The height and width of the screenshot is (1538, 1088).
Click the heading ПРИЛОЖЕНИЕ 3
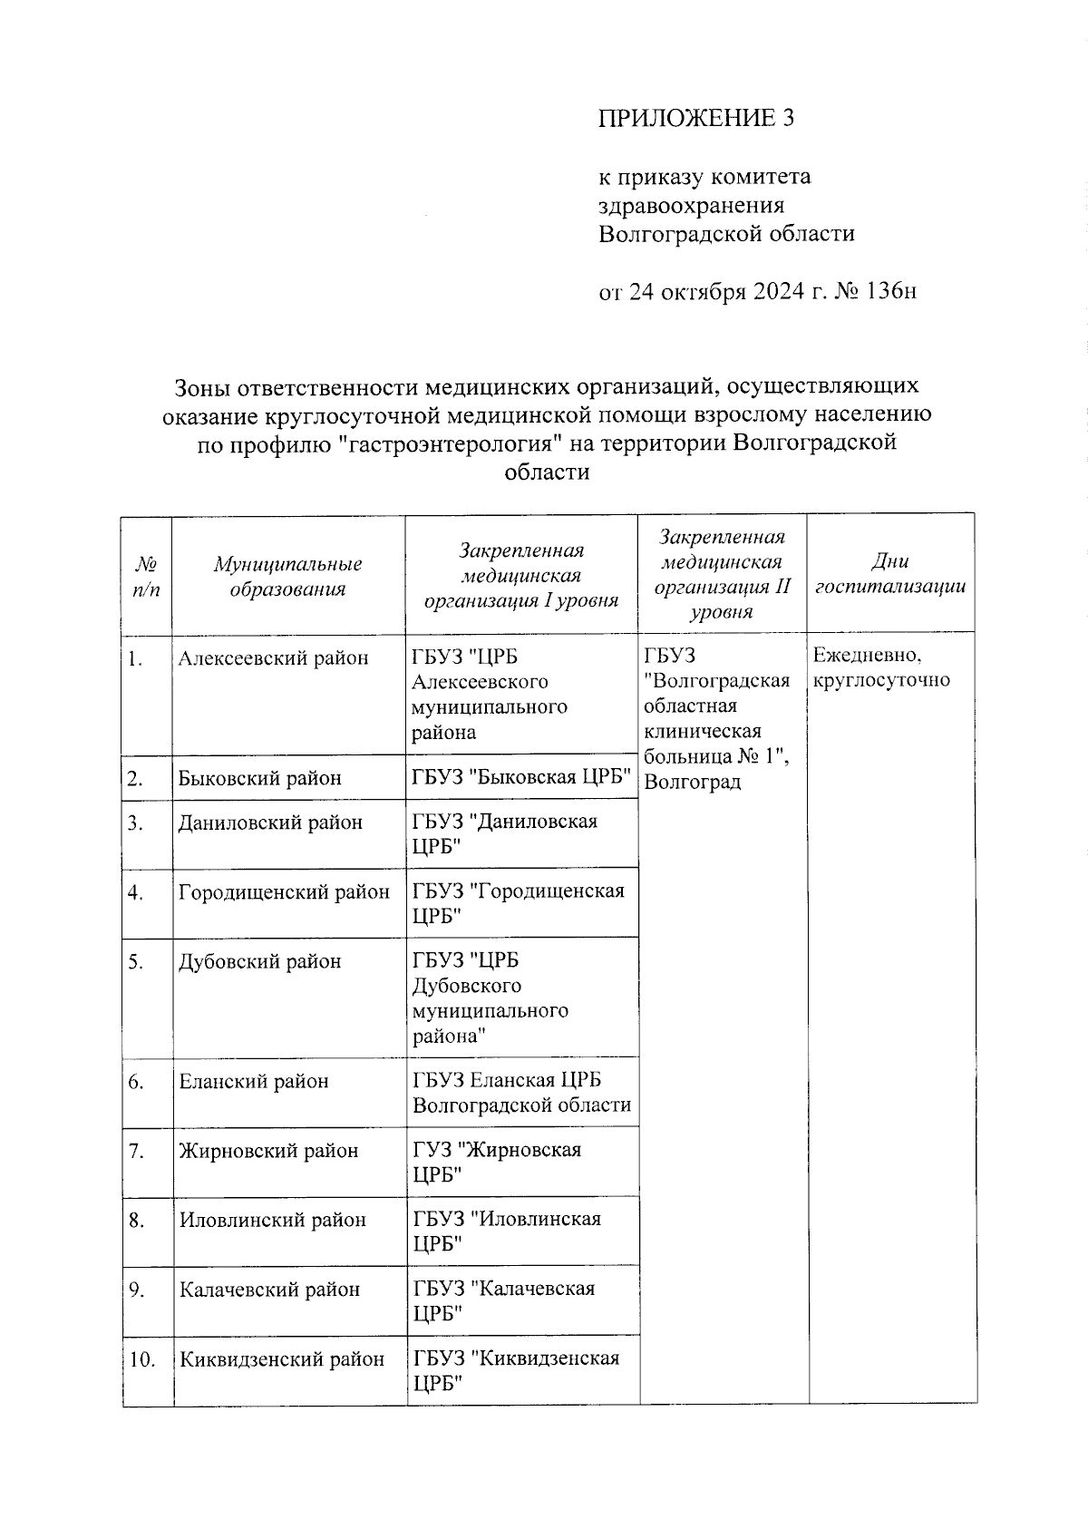[x=695, y=118]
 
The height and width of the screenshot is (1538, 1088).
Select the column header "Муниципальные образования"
[x=287, y=577]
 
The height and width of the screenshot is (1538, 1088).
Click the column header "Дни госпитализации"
[x=890, y=574]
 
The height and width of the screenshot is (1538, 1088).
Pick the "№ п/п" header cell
[x=146, y=577]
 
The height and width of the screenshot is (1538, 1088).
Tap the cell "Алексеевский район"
[x=274, y=658]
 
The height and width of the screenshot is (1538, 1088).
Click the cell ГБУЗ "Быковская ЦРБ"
[x=521, y=777]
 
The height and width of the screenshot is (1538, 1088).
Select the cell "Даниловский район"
[x=270, y=823]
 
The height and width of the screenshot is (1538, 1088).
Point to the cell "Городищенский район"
[x=284, y=892]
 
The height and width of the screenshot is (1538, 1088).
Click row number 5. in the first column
[x=136, y=962]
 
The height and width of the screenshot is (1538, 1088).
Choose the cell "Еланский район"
[x=254, y=1081]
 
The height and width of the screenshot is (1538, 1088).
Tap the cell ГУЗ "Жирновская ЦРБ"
[x=497, y=1163]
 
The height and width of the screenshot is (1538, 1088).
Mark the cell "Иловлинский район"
[x=272, y=1220]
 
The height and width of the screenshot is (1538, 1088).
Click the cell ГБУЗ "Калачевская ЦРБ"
[x=504, y=1301]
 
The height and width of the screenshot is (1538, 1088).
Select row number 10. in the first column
[x=142, y=1359]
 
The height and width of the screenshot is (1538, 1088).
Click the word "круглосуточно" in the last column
[x=881, y=680]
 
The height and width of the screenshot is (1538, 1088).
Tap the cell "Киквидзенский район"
[x=282, y=1359]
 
